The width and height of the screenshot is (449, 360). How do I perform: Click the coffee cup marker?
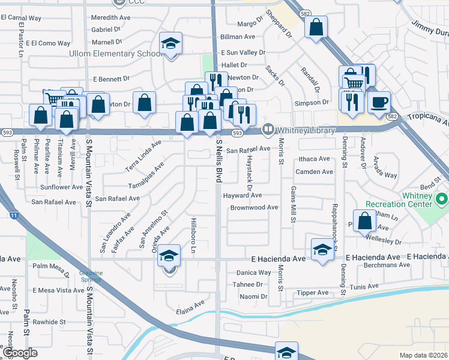pos(379,102)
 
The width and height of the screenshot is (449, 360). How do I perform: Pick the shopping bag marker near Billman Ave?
pos(316,27)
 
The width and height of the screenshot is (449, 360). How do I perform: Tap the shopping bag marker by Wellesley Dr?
pos(364,221)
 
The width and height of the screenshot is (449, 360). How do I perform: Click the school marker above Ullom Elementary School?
pos(171,43)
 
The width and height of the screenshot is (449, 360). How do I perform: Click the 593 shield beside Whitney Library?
pos(237,133)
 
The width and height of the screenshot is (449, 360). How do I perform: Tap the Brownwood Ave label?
pos(254,208)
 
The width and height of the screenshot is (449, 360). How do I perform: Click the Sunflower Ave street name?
pos(61,187)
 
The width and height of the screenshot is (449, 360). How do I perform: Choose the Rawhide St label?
pos(49,322)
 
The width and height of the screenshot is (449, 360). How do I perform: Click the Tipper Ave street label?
pos(312,293)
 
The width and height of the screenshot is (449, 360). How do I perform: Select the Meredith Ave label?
pos(110,18)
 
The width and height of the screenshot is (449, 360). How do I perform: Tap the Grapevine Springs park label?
pos(92,276)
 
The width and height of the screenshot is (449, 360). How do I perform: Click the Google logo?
pos(20,353)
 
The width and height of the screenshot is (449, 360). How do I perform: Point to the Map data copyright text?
pos(424,355)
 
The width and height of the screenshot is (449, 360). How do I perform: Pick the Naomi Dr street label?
pos(253,296)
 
